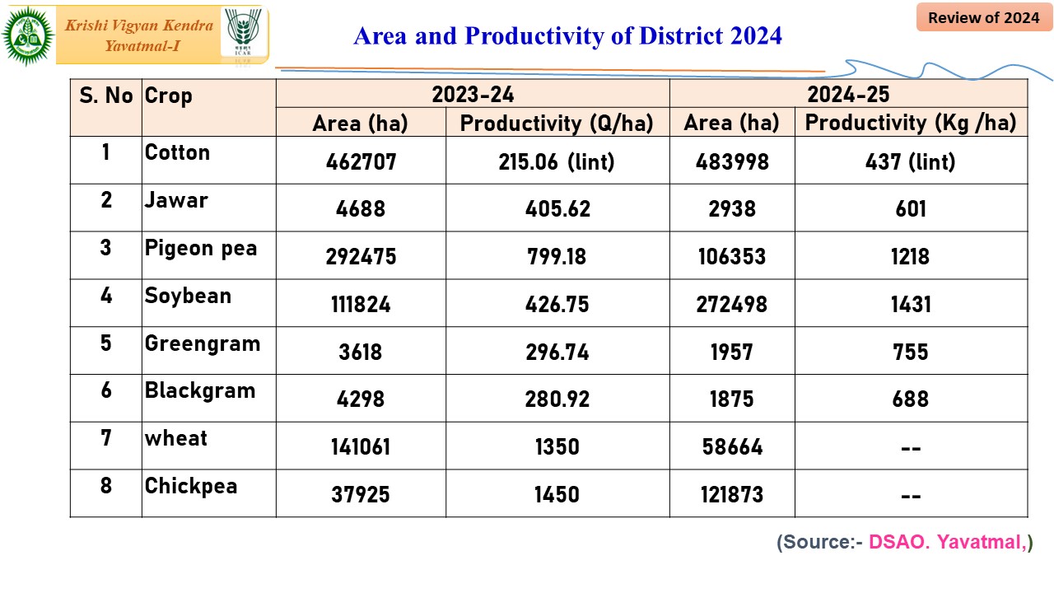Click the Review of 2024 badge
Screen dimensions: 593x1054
[x=983, y=17]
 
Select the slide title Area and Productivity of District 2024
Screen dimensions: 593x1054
[x=567, y=36]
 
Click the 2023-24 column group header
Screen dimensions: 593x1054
[x=473, y=94]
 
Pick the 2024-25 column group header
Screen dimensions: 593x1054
[x=848, y=94]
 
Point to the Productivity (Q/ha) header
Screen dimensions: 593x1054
[x=557, y=124]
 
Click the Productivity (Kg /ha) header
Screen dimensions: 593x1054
[x=911, y=124]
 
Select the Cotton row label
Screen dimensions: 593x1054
[x=177, y=153]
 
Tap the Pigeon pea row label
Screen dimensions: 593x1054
[x=201, y=249]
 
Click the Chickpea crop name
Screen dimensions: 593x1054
[x=191, y=487]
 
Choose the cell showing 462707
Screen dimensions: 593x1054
[x=361, y=161]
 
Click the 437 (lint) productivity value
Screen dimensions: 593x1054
[x=911, y=161]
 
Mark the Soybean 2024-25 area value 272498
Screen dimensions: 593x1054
[x=732, y=305]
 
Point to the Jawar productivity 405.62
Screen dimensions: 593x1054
[x=557, y=209]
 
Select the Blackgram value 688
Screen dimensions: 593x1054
[x=911, y=399]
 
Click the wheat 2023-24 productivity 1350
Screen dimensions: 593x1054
[x=557, y=447]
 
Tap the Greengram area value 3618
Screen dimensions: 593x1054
[x=361, y=353]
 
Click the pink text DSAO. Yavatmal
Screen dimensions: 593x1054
[x=946, y=543]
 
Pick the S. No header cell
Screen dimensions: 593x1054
[x=105, y=96]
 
